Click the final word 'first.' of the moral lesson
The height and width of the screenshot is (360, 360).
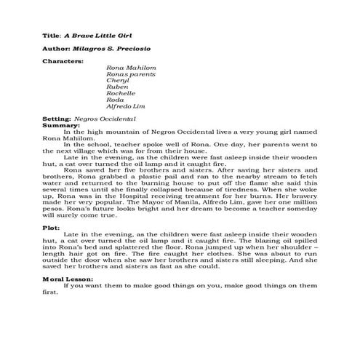pos(50,292)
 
